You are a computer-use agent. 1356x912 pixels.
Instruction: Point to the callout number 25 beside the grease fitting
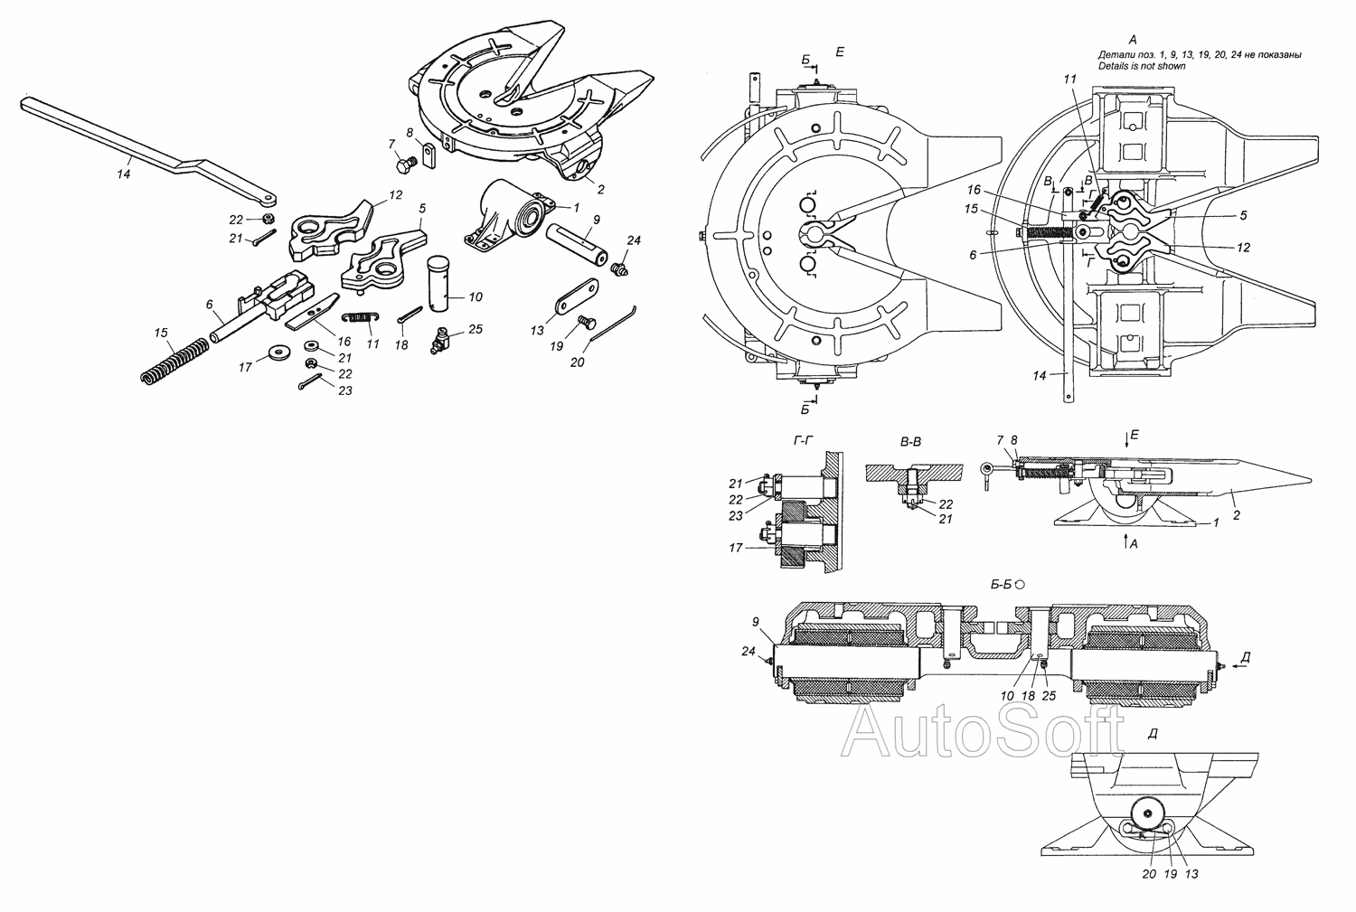pyautogui.click(x=476, y=329)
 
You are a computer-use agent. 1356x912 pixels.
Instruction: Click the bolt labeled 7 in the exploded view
pyautogui.click(x=405, y=165)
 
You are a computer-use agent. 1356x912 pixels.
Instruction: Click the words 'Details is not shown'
pyautogui.click(x=1141, y=67)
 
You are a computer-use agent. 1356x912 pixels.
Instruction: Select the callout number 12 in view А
pyautogui.click(x=1243, y=247)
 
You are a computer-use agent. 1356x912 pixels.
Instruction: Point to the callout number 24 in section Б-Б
pyautogui.click(x=749, y=651)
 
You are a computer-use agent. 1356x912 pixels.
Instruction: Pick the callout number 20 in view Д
pyautogui.click(x=1149, y=875)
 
